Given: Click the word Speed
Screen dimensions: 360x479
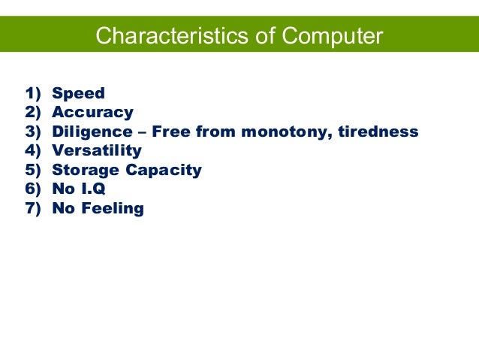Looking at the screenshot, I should click(78, 94).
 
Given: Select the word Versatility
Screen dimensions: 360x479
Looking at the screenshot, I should click(97, 151).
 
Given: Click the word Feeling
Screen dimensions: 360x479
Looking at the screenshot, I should click(112, 208).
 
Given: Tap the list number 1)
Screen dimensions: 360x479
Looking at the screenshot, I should click(33, 94).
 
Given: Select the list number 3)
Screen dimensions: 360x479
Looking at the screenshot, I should click(33, 132).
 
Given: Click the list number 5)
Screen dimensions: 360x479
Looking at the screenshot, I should click(33, 170).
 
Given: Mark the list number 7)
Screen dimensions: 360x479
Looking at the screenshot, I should click(33, 208).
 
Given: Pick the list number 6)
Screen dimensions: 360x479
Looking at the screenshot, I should click(33, 189).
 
